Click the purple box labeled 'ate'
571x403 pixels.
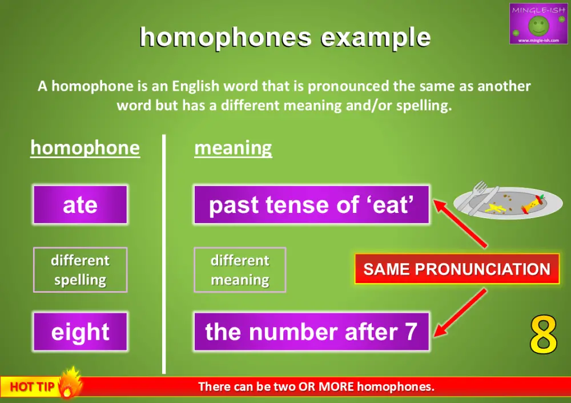click(80, 204)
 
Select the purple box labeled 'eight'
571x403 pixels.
click(80, 332)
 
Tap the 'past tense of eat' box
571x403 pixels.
click(311, 204)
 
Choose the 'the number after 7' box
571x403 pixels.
click(311, 332)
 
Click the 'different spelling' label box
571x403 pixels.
click(80, 270)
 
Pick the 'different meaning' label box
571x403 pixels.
click(240, 270)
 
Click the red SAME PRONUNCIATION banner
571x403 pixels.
click(457, 269)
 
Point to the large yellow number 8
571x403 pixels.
click(543, 335)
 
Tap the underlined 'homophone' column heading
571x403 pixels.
click(85, 148)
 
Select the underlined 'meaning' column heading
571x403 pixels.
click(233, 148)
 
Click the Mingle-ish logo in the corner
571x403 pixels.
click(538, 23)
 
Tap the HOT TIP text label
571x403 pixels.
click(32, 387)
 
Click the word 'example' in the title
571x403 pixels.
click(375, 37)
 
